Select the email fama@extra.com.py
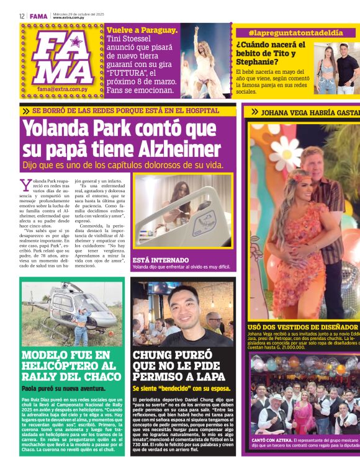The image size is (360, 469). pyautogui.click(x=60, y=89)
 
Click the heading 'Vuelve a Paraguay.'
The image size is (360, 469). pyautogui.click(x=142, y=30)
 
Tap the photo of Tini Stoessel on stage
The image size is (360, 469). pyautogui.click(x=205, y=61)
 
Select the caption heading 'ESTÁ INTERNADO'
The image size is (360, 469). pyautogui.click(x=160, y=260)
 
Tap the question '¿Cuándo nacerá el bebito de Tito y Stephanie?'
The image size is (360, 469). pyautogui.click(x=271, y=53)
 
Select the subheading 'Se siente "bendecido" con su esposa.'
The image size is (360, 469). pyautogui.click(x=181, y=389)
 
